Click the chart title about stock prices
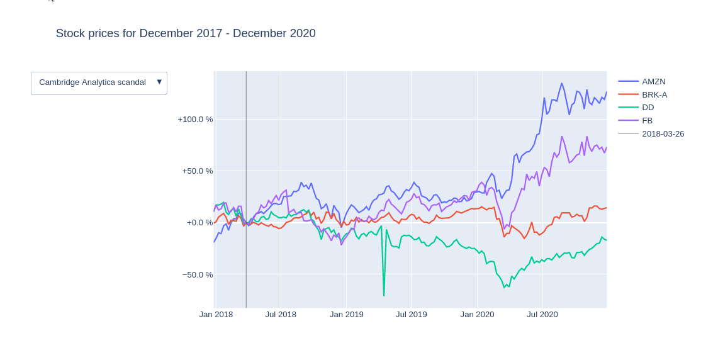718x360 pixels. pos(186,33)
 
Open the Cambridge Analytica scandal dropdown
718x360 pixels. pos(93,82)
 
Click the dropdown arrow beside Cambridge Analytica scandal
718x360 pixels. pos(159,82)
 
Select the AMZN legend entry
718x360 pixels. pos(653,81)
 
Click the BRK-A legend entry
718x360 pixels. pos(654,94)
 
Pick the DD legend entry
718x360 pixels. pos(648,108)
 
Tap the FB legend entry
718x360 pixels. pos(647,120)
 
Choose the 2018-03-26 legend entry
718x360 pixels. pos(663,133)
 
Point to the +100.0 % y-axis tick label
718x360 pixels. pos(195,119)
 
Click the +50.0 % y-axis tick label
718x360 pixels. pos(198,171)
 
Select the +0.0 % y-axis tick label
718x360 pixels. pos(199,222)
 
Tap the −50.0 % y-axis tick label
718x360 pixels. pos(198,274)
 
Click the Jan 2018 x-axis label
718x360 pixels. pos(216,314)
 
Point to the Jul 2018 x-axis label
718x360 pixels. pos(281,314)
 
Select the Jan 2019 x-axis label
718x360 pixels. pos(346,314)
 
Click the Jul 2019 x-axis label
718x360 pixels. pos(411,314)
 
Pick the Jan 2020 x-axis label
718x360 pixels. pos(477,314)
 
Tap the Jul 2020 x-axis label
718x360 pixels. pos(542,314)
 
